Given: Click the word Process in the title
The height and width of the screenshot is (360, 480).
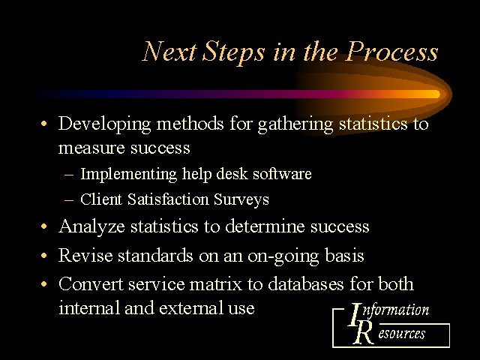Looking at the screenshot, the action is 392,52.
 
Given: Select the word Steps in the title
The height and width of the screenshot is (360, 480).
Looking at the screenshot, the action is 233,52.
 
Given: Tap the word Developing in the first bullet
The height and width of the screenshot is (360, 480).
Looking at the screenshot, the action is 104,124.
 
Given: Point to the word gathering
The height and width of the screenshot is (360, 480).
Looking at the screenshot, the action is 295,124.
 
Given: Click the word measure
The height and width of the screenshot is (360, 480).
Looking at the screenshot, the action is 91,148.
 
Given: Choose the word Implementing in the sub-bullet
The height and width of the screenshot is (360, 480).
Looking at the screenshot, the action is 128,175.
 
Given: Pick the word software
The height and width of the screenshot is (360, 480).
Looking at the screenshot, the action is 282,173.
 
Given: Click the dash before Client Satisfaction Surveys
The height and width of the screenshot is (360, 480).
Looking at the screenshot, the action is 69,200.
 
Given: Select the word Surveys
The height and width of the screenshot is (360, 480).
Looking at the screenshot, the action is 241,199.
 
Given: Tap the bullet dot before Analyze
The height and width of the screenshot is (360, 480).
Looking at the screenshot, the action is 44,226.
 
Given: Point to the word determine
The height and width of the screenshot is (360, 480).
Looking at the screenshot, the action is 265,226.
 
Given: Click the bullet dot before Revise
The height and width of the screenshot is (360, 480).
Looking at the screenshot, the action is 44,255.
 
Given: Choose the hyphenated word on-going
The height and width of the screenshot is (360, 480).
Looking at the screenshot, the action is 283,256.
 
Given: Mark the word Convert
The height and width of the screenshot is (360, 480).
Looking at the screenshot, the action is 91,283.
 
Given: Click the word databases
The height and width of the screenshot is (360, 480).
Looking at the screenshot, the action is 306,283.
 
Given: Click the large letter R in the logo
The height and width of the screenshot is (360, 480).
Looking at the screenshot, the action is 363,333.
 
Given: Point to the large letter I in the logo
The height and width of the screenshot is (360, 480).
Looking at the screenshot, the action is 355,314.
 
